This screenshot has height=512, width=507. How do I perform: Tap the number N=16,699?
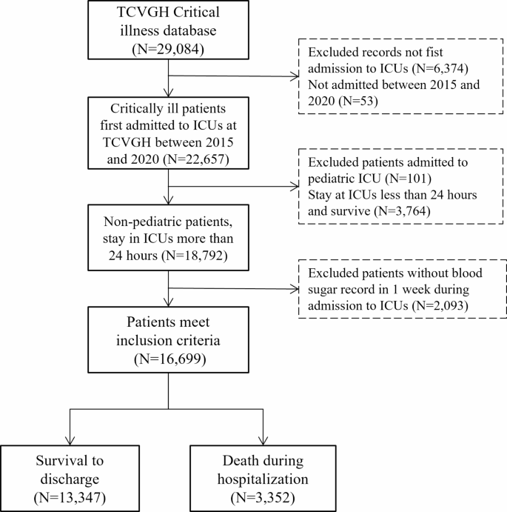(x=169, y=360)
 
